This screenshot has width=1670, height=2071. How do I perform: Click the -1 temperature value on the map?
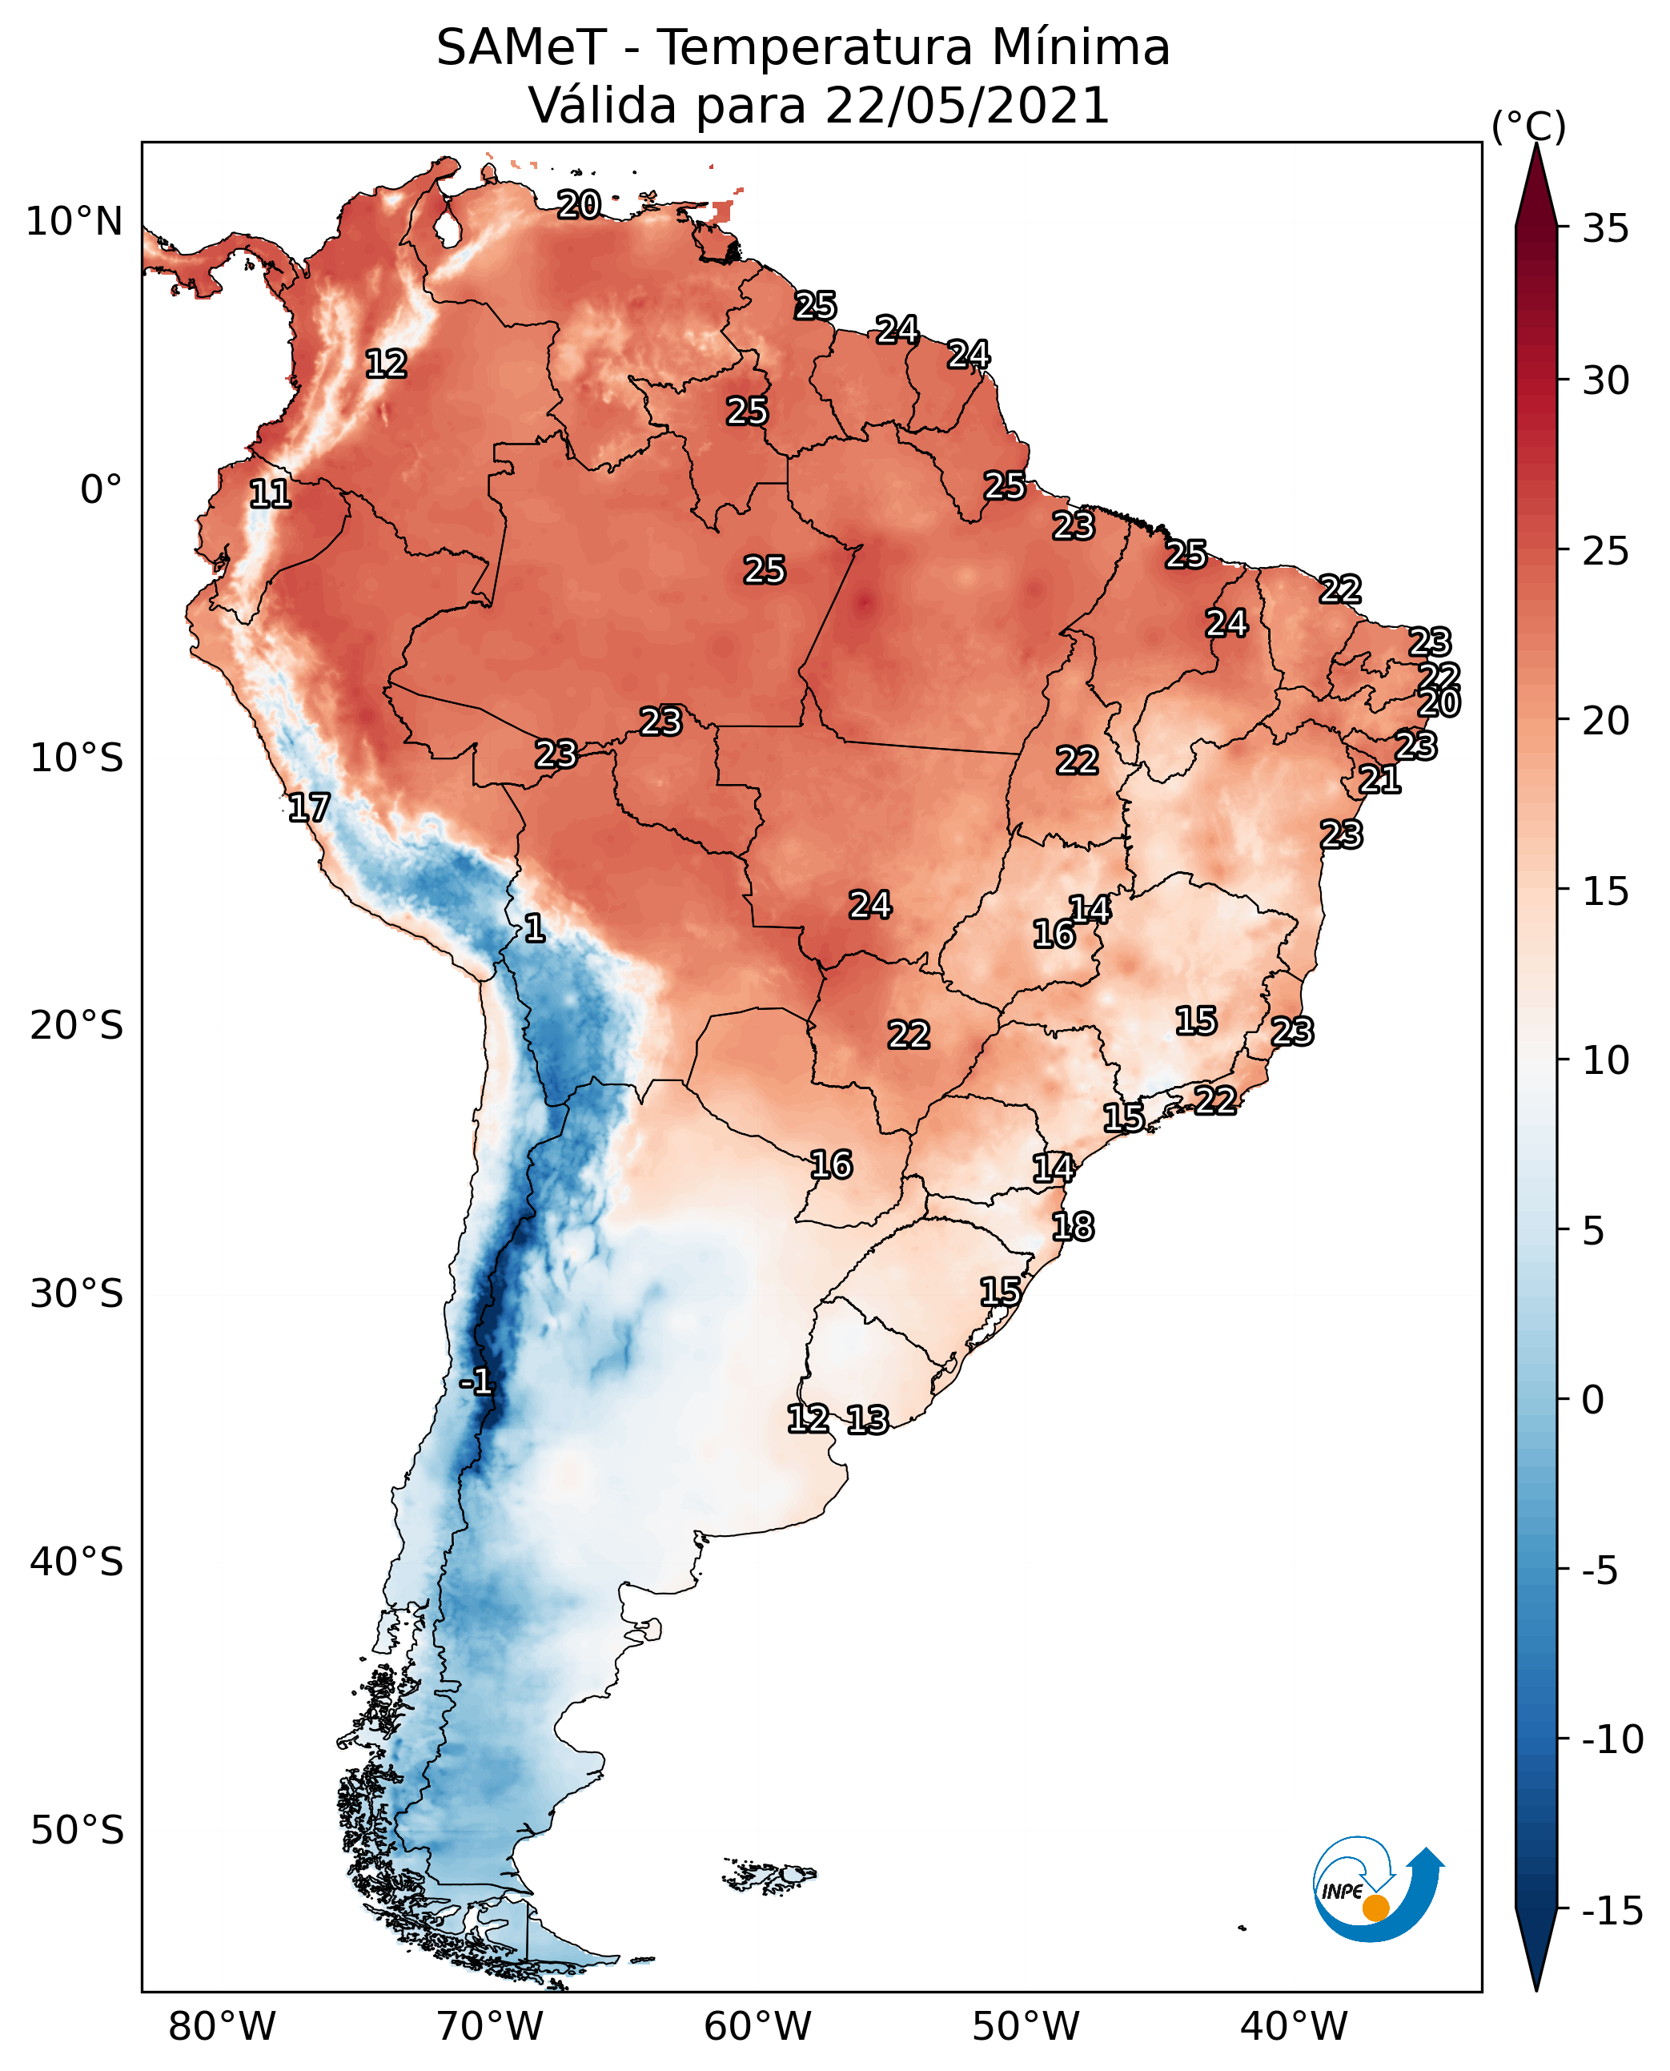pyautogui.click(x=476, y=1382)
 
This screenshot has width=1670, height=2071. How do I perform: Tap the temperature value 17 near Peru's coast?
pyautogui.click(x=309, y=807)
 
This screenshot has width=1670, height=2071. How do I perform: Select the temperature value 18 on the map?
pyautogui.click(x=1073, y=1226)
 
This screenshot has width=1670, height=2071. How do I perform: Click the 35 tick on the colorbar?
pyautogui.click(x=1605, y=229)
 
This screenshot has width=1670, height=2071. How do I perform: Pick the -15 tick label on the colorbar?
pyautogui.click(x=1612, y=1912)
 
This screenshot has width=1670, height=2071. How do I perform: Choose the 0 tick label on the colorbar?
pyautogui.click(x=1593, y=1399)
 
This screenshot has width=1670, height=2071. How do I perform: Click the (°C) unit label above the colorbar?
pyautogui.click(x=1527, y=126)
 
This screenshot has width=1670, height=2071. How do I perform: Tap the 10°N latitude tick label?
pyautogui.click(x=74, y=223)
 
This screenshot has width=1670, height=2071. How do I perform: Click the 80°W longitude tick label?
pyautogui.click(x=223, y=2026)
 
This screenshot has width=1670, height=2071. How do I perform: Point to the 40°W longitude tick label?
pyautogui.click(x=1294, y=2026)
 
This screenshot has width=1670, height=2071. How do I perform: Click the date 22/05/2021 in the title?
pyautogui.click(x=967, y=105)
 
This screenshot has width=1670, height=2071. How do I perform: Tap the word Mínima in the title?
pyautogui.click(x=1080, y=47)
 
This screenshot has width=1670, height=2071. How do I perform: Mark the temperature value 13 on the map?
pyautogui.click(x=867, y=1419)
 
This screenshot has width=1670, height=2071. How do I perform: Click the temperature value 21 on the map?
pyautogui.click(x=1379, y=778)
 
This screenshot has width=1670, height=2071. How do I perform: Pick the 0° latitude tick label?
pyautogui.click(x=101, y=490)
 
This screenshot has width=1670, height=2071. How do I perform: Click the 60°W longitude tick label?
pyautogui.click(x=758, y=2026)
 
